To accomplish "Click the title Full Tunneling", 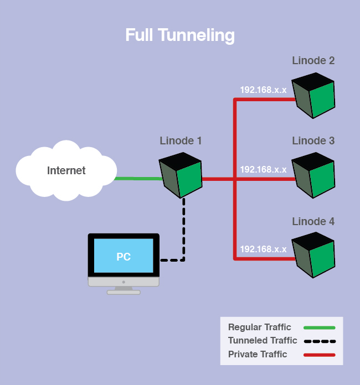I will tap(180, 35).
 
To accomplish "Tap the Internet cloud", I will tap(66, 170).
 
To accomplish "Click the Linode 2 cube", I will tap(313, 95).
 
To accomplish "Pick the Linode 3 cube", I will tap(313, 175).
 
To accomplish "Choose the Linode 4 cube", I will tap(313, 255).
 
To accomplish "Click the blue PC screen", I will tap(124, 256).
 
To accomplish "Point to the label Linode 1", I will tap(181, 141).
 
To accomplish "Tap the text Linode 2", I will tap(313, 60).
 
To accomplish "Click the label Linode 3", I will tap(313, 141).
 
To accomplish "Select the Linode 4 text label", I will tap(313, 221).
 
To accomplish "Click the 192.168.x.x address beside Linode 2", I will tap(263, 90).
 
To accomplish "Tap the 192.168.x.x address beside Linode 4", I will tap(263, 249).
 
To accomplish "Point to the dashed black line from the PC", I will tap(183, 232).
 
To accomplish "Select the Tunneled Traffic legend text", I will tap(263, 341).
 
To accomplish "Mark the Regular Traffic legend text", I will tap(259, 327).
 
